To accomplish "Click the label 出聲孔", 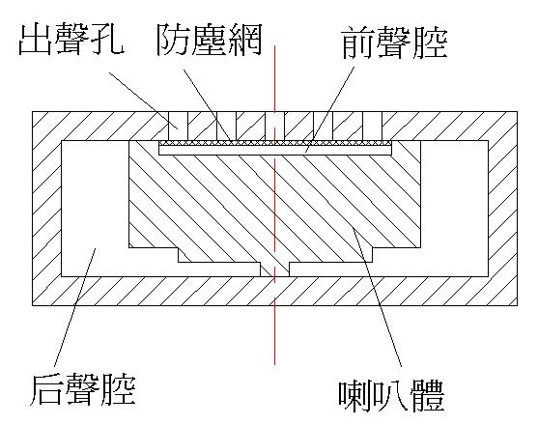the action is coord(71,39).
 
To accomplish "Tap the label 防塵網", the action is coord(209,40).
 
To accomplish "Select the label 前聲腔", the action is coord(395,42).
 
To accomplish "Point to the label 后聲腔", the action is coord(83,389).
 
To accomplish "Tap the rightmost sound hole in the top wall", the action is coord(373,126).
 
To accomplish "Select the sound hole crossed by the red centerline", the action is coord(275,126).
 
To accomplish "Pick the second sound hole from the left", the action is coord(226,126).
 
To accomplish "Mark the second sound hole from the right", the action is coord(324,126).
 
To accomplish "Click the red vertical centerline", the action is coord(275,205).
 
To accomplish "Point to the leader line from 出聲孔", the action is coord(143,100).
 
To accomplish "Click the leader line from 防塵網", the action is coord(209,106).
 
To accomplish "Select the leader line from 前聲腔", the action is coord(330,109).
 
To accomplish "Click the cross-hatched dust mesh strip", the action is coord(275,143).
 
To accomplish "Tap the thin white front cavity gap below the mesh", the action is coord(275,151).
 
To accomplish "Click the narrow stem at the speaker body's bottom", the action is coord(274,269).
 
